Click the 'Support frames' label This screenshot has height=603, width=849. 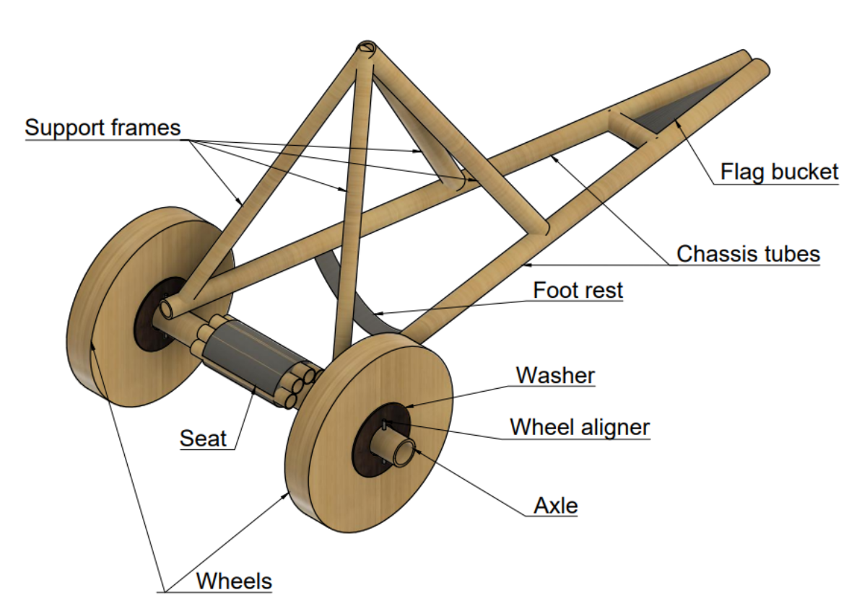pyautogui.click(x=102, y=128)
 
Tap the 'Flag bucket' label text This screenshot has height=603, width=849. pyautogui.click(x=779, y=172)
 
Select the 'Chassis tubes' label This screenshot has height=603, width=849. pyautogui.click(x=748, y=254)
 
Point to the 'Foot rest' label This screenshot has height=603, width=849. pyautogui.click(x=578, y=291)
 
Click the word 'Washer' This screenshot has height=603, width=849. pyautogui.click(x=555, y=375)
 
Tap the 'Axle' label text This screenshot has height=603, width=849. pyautogui.click(x=556, y=506)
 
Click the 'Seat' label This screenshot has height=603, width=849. pyautogui.click(x=203, y=438)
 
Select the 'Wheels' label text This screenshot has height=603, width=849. pyautogui.click(x=234, y=580)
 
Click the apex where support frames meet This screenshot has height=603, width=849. pyautogui.click(x=366, y=49)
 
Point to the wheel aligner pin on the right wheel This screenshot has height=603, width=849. pyautogui.click(x=387, y=423)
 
